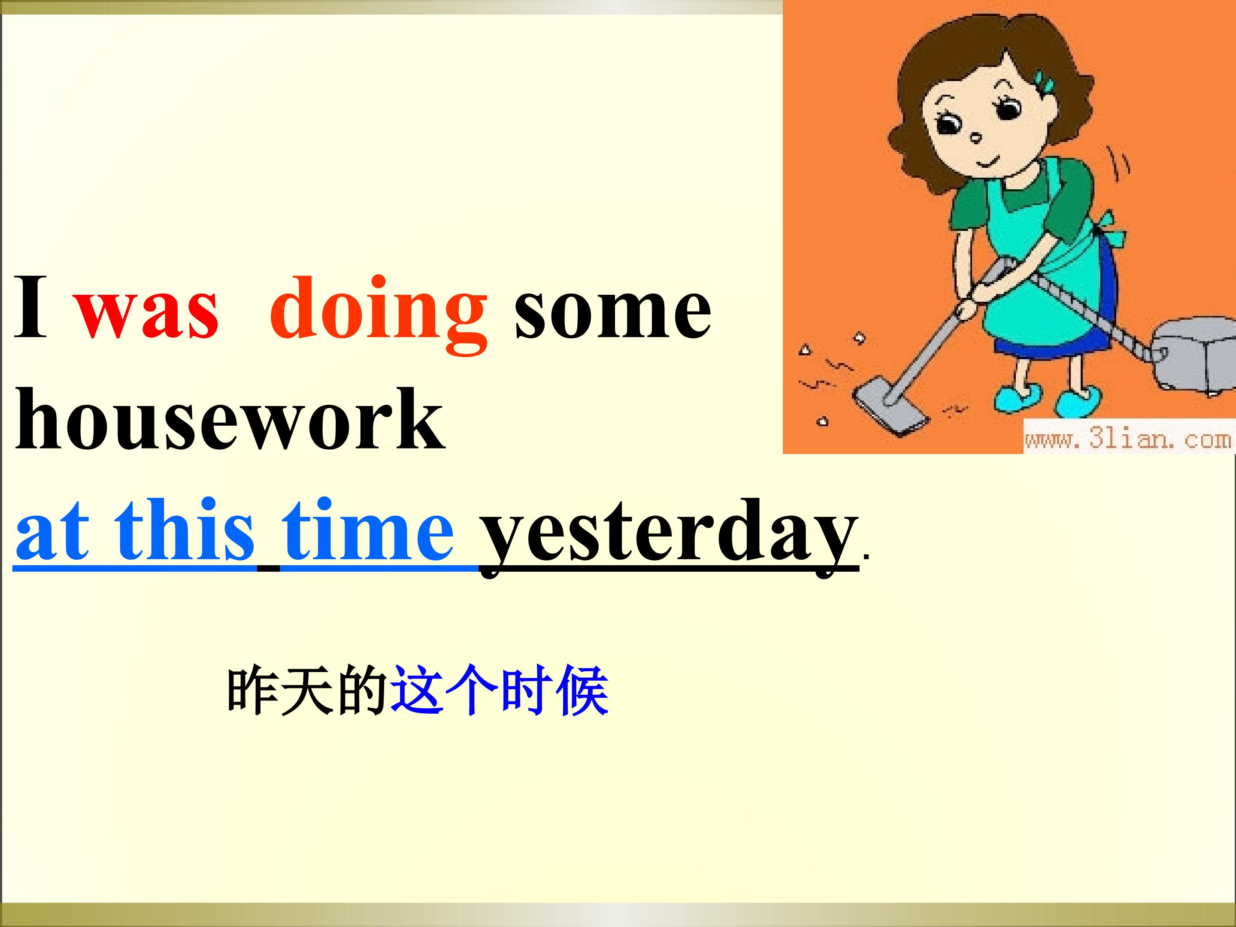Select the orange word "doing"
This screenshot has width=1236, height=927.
(x=379, y=315)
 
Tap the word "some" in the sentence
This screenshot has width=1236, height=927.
(x=613, y=311)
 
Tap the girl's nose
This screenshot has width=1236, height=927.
(x=976, y=137)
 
